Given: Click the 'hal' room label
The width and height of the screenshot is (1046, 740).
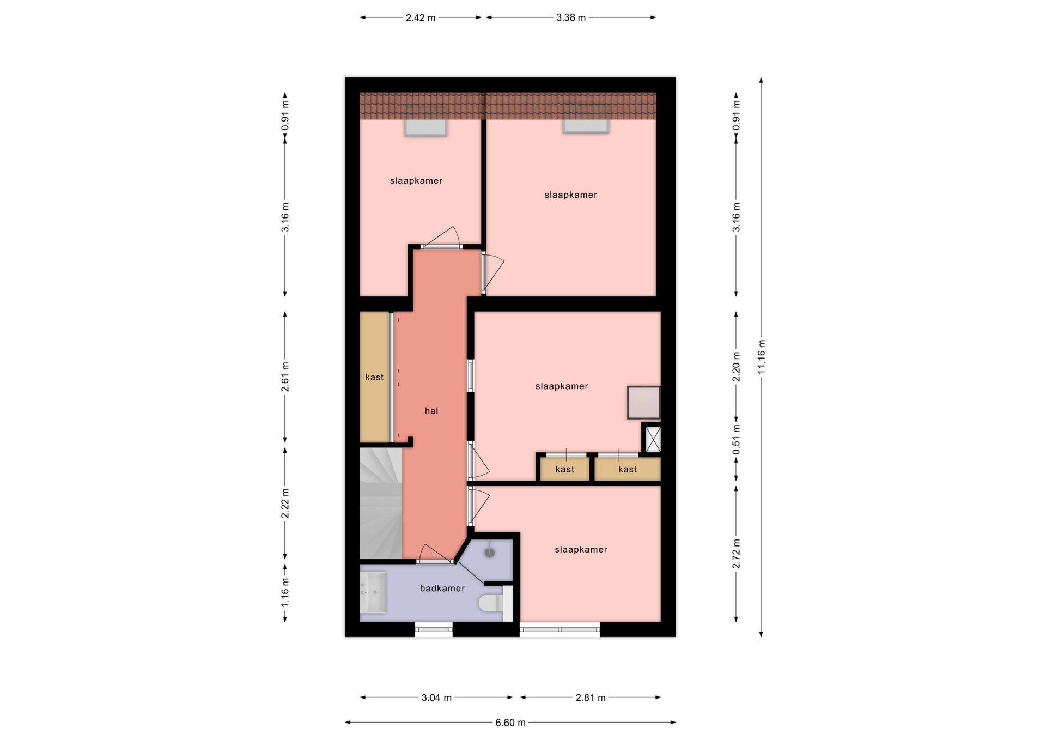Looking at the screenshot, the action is click(431, 411).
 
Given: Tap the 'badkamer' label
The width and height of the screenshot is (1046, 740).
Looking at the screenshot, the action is click(442, 589).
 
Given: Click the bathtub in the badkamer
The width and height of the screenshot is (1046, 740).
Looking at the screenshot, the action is click(373, 592).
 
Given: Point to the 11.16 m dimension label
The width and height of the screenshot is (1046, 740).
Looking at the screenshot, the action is click(762, 356).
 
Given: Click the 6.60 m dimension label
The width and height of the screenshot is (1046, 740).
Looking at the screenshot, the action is click(510, 723).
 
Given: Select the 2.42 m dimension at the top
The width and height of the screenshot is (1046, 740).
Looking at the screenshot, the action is click(421, 17).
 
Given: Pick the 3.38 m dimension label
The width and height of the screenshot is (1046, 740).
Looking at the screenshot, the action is click(571, 17).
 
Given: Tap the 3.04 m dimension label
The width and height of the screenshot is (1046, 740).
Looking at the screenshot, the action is click(436, 697).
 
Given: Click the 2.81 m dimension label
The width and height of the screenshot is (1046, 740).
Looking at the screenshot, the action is click(591, 697).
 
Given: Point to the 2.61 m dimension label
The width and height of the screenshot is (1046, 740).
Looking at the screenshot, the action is click(285, 377).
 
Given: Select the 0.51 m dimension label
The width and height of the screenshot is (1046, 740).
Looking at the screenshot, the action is click(737, 439).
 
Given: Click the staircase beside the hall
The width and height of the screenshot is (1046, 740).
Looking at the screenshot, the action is click(381, 503).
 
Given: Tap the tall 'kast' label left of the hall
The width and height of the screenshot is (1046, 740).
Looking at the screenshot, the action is click(374, 377).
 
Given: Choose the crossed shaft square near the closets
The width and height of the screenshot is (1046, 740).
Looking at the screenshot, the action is click(653, 439).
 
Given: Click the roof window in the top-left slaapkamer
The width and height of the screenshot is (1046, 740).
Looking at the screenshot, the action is click(425, 128).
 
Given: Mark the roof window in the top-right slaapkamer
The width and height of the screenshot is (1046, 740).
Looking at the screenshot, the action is click(586, 126).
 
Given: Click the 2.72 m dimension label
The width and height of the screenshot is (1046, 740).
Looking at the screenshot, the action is click(737, 554).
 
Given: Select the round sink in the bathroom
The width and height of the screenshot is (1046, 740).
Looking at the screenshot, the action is click(490, 553).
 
